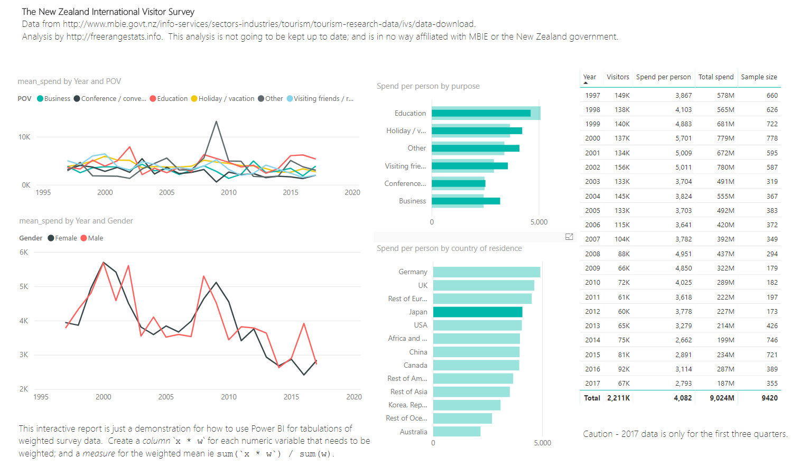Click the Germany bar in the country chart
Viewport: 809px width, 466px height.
[x=486, y=272]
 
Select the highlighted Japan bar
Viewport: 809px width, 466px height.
[x=477, y=312]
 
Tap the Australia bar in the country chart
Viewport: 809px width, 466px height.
[x=457, y=432]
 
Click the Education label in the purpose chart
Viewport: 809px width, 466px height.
[x=410, y=113]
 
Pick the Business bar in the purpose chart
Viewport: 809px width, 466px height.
[x=465, y=201]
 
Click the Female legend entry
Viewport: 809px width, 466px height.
[x=62, y=238]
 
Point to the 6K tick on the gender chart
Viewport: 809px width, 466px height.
[x=24, y=253]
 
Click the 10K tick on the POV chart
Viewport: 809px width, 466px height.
[x=24, y=137]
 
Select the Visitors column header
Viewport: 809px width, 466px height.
[x=618, y=77]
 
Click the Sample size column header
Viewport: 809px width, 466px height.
[x=759, y=77]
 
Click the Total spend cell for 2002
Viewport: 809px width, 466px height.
[x=725, y=167]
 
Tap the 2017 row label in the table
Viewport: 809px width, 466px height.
[x=592, y=384]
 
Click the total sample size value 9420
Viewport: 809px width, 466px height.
[x=769, y=398]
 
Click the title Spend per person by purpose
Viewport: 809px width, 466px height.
[x=428, y=86]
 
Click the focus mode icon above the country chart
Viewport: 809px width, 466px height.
[x=569, y=237]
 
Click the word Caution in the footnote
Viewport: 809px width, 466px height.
[x=598, y=434]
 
